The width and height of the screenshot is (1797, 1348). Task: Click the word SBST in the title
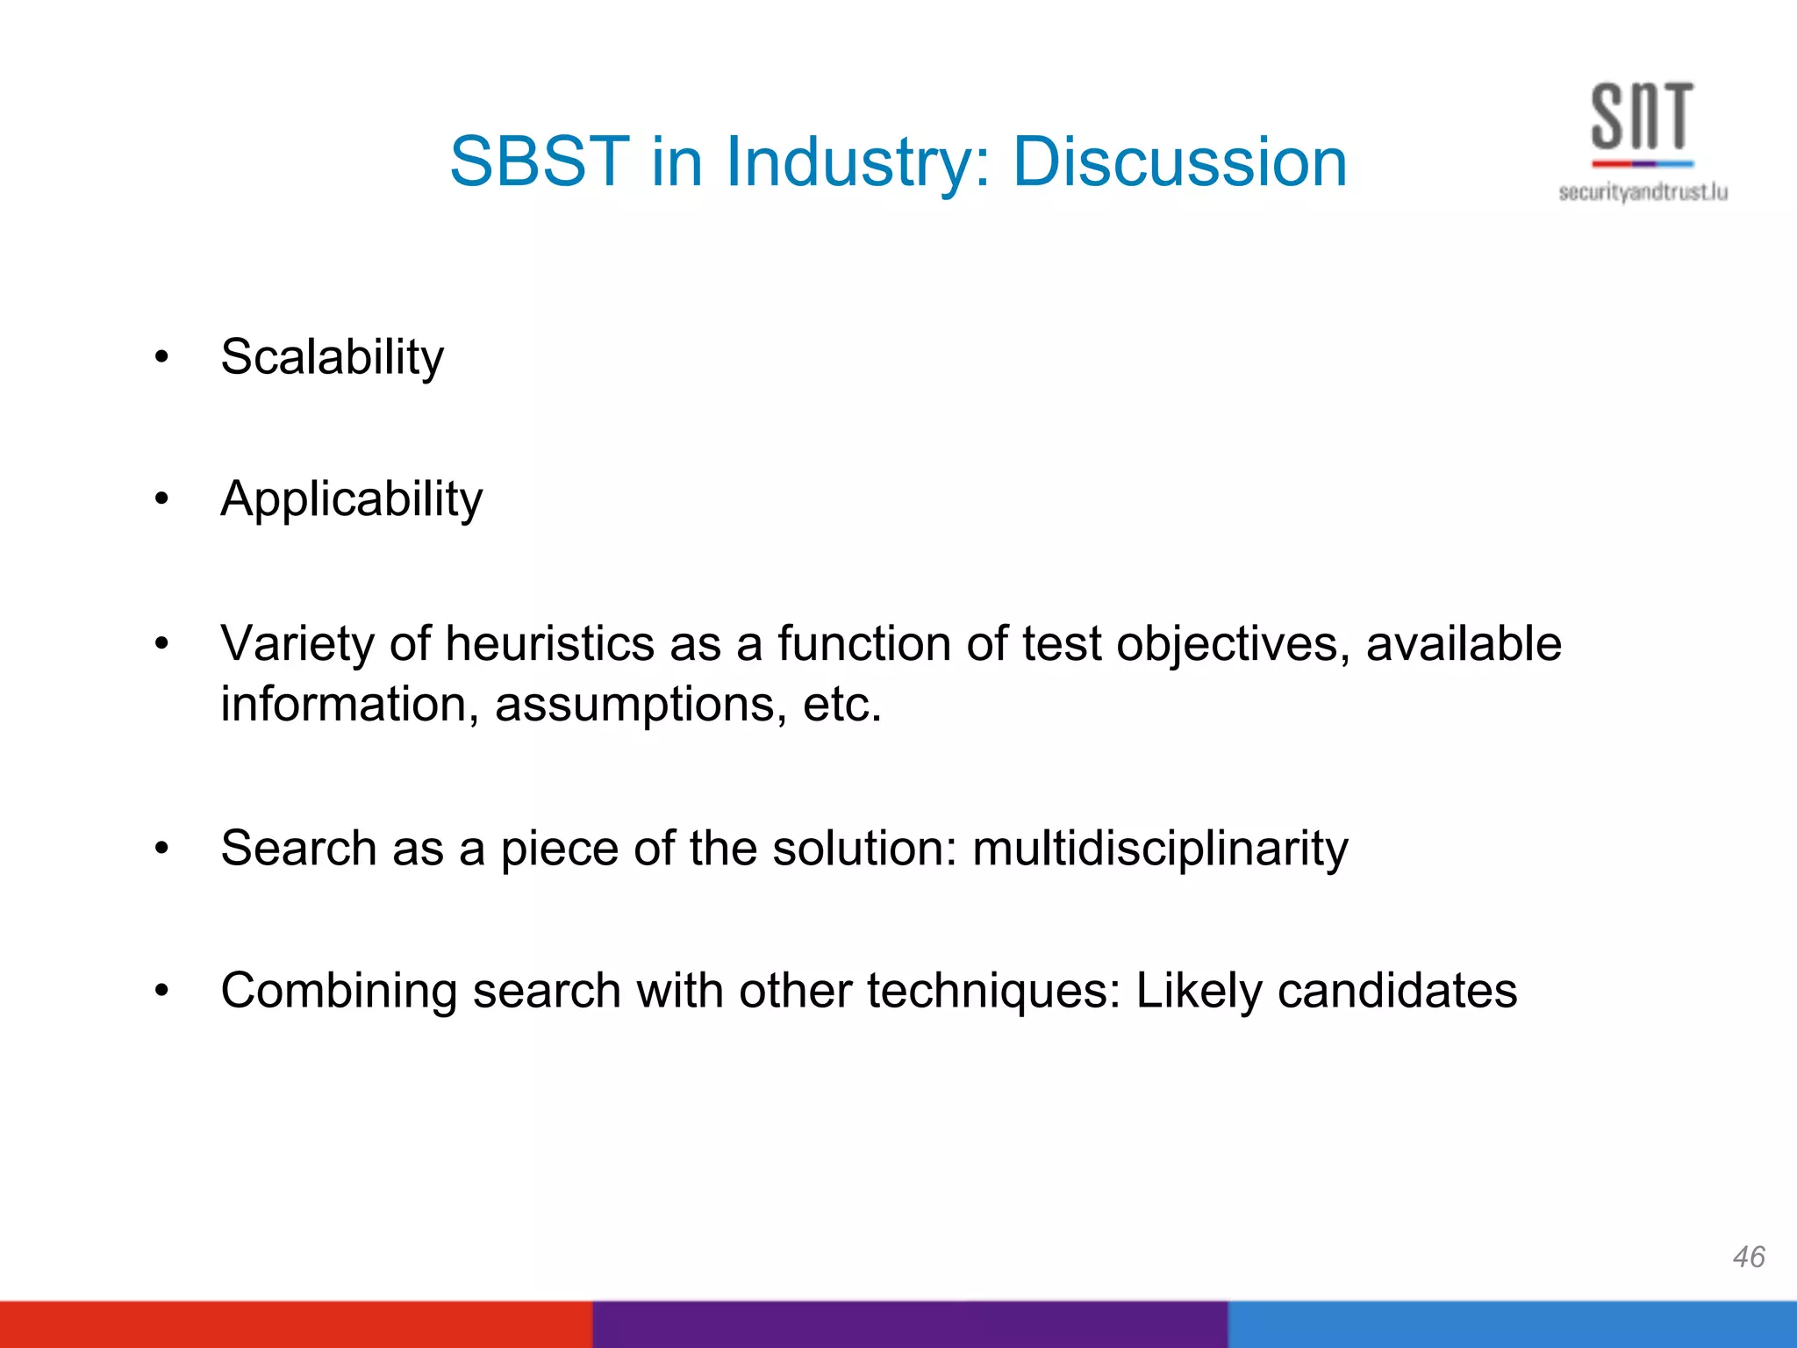tap(539, 162)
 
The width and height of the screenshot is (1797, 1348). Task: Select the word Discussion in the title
tap(1179, 162)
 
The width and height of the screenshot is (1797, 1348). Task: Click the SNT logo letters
tap(1642, 118)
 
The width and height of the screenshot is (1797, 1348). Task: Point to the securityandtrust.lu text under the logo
tap(1643, 192)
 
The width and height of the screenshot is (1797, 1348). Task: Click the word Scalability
tap(332, 358)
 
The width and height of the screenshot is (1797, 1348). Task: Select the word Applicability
tap(351, 500)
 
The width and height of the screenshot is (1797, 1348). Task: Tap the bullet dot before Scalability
tap(161, 357)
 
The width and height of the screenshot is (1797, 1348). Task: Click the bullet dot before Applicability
tap(161, 499)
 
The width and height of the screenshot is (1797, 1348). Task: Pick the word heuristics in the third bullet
tap(549, 643)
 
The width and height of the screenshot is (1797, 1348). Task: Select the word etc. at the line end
tap(841, 705)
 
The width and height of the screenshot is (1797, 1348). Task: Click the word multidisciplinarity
tap(1159, 849)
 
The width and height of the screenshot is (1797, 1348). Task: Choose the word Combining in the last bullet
tap(339, 992)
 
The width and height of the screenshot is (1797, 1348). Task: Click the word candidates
tap(1397, 991)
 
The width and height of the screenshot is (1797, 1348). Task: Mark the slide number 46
tap(1748, 1257)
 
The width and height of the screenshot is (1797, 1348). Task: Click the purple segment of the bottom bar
tap(909, 1324)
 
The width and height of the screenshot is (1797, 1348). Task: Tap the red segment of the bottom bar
tap(295, 1324)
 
